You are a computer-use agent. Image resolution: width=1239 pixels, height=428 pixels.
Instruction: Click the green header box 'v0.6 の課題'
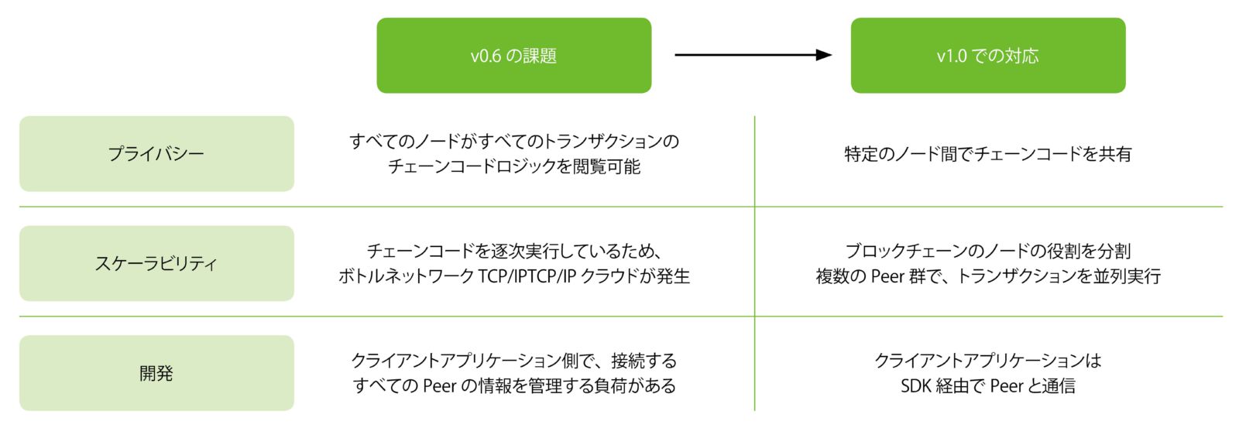tap(514, 55)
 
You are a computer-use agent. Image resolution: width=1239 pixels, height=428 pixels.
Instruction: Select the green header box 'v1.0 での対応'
tap(988, 55)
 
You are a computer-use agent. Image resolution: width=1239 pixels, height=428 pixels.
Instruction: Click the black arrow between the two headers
tap(753, 55)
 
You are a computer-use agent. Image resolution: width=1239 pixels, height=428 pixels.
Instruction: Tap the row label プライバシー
tap(156, 154)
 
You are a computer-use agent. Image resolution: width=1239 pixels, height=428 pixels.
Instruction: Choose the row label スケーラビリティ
tap(156, 263)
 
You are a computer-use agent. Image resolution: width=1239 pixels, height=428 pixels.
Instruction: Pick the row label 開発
tap(156, 373)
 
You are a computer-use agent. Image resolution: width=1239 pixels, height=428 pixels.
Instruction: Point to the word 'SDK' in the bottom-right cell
tap(915, 385)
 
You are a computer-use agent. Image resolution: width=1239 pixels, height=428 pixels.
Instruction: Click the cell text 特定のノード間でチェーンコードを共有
tap(988, 154)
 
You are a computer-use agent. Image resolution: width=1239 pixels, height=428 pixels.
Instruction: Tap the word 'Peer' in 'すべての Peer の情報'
tap(439, 385)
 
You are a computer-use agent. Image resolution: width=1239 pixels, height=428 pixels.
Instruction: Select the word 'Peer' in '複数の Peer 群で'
tap(887, 276)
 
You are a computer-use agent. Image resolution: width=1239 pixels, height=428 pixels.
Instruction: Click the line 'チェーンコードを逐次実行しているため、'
tap(514, 251)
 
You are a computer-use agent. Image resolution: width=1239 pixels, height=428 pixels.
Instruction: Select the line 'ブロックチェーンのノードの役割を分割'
tap(988, 251)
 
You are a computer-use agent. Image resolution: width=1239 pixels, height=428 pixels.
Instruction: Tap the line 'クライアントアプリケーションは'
tap(988, 361)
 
